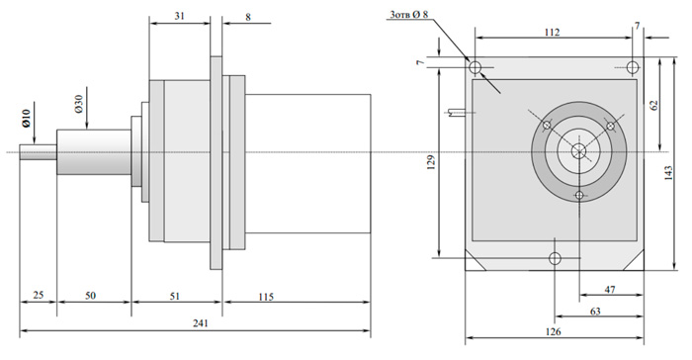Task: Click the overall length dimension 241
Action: [200, 323]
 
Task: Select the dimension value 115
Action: [266, 297]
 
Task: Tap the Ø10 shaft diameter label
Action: [27, 119]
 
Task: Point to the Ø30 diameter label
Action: [78, 104]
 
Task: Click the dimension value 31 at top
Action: [179, 16]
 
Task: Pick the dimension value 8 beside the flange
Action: [248, 17]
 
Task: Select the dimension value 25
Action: [39, 295]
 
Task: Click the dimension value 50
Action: [90, 295]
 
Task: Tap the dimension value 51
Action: [175, 296]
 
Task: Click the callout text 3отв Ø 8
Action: [408, 15]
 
